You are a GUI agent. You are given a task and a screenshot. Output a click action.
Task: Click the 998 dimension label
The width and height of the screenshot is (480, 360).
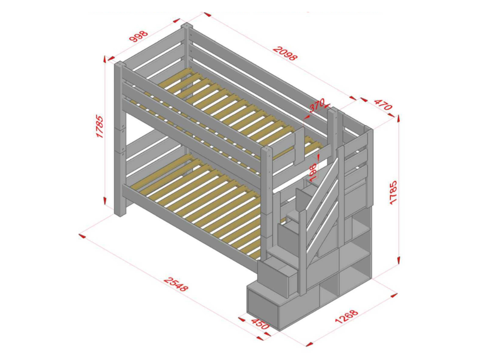(x=139, y=36)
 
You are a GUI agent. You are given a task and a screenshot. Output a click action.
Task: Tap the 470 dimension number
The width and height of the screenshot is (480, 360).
(x=383, y=105)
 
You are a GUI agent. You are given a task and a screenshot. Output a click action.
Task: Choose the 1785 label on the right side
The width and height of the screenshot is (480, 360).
(x=393, y=192)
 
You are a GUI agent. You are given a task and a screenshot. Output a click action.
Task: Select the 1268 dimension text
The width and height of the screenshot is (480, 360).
(x=346, y=317)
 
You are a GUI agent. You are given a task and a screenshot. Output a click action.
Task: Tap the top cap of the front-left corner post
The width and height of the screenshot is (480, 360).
(x=120, y=64)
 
